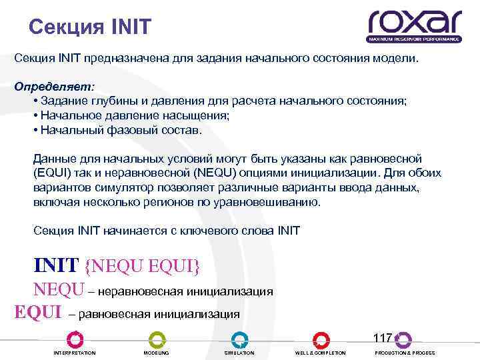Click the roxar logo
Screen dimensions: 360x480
point(414,27)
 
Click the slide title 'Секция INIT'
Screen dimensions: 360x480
point(91,27)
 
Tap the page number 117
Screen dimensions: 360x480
point(383,338)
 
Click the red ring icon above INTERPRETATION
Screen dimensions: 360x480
point(75,339)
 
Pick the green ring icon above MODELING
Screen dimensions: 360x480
point(157,339)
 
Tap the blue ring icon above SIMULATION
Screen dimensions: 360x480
point(239,339)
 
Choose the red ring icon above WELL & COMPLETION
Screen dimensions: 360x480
point(321,339)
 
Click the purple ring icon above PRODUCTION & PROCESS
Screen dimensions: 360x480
point(403,339)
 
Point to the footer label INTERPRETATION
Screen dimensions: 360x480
point(75,353)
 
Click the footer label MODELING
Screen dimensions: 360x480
point(157,353)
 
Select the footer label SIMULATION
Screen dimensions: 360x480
point(239,353)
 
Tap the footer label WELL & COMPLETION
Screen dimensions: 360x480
point(321,353)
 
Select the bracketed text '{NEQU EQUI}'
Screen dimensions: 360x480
point(142,265)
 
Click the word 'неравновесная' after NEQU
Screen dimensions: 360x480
point(143,291)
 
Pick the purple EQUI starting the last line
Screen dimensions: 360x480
point(38,312)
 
